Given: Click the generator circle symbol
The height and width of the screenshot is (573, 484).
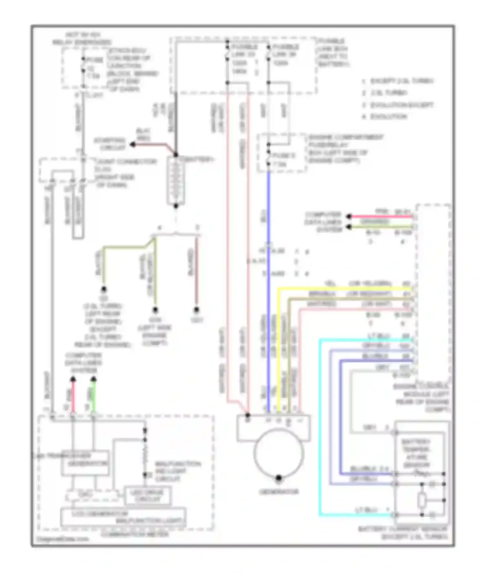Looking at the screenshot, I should click(x=278, y=454).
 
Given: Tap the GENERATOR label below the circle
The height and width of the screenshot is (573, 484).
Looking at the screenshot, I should click(x=278, y=492).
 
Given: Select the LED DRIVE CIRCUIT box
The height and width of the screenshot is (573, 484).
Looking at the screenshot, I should click(x=147, y=496).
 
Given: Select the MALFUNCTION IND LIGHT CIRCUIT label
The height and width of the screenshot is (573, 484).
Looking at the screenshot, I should click(x=177, y=471).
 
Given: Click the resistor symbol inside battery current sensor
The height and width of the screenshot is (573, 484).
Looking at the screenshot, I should click(x=421, y=501).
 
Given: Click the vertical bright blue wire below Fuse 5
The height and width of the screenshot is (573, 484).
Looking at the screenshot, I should click(x=268, y=291).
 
